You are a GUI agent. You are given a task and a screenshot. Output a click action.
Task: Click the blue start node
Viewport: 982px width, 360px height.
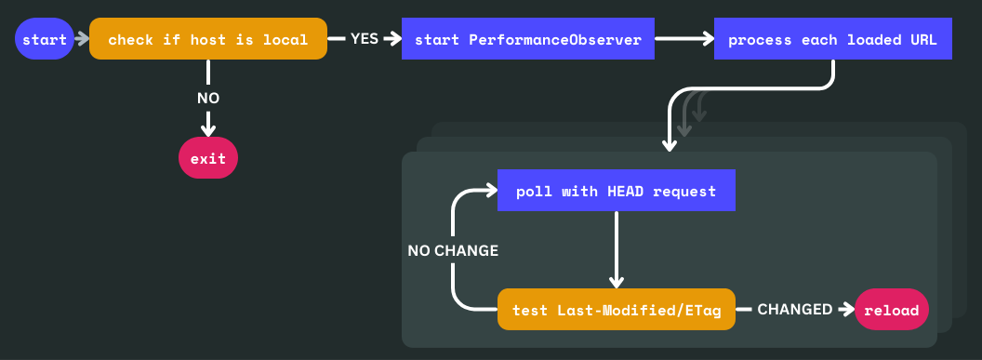coord(45,40)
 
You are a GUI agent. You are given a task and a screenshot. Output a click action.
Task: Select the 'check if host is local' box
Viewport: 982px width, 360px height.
coord(208,40)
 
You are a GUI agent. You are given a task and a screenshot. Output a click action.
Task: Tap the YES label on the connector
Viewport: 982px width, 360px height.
coord(364,39)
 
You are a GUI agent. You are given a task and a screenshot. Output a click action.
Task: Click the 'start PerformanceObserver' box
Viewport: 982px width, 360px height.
coord(527,40)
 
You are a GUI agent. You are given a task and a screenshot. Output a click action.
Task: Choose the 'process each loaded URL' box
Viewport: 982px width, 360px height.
coord(832,40)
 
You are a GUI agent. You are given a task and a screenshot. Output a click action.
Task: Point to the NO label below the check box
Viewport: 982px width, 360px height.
coord(208,98)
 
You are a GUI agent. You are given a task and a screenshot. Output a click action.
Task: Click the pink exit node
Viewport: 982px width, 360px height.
coord(208,159)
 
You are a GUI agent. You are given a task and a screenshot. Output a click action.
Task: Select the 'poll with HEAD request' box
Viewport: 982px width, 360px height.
coord(617,192)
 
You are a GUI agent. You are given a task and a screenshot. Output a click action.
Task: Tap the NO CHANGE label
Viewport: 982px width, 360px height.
coord(453,251)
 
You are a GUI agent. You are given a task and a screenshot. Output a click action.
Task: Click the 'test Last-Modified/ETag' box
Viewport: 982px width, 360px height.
coord(617,310)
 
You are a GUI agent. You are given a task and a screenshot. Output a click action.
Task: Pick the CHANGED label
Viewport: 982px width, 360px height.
coord(794,310)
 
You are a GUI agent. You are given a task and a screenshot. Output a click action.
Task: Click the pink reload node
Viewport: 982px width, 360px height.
coord(892,310)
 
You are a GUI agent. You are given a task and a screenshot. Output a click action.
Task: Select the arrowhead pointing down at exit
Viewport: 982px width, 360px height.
coord(208,129)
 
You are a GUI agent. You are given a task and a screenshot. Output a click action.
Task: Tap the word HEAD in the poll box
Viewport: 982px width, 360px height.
coord(623,192)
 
